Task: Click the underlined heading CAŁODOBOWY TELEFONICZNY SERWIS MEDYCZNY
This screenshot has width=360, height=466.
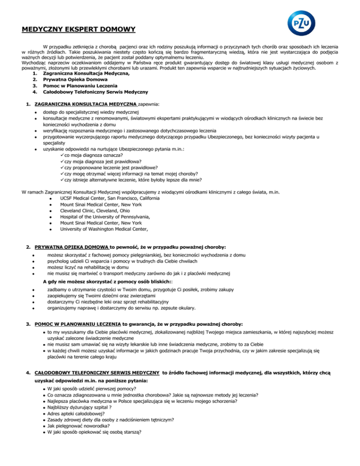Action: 97,373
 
